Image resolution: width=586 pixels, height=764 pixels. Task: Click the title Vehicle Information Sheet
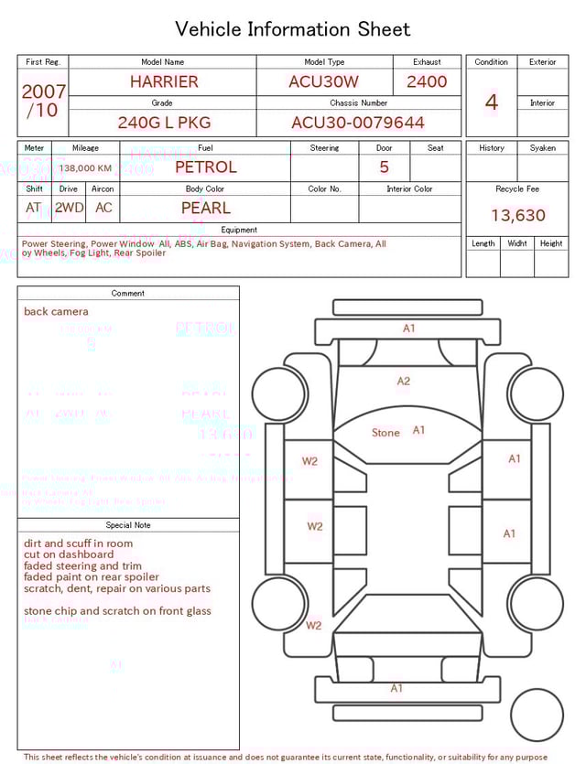[292, 29]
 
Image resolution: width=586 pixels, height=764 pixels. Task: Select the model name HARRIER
[163, 81]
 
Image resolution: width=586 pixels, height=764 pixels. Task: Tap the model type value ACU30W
[324, 81]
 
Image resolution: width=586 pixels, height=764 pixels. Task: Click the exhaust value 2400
[427, 81]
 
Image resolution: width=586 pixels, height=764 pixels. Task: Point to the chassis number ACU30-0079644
[358, 123]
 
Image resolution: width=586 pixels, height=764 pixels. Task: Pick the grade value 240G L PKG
[163, 123]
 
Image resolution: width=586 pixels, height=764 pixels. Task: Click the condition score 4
[491, 102]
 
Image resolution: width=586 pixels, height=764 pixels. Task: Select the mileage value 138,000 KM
[86, 168]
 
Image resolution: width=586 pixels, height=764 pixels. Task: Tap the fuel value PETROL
[205, 167]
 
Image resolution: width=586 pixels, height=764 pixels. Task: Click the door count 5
[384, 167]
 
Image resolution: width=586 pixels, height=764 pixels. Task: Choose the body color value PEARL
[205, 208]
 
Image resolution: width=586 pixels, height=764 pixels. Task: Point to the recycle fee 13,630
[517, 216]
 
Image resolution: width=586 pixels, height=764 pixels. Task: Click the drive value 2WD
[69, 208]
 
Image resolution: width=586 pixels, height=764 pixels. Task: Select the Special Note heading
[128, 525]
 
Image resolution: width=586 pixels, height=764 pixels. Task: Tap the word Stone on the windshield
[385, 433]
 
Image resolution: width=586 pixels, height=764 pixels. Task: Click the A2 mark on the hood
[403, 382]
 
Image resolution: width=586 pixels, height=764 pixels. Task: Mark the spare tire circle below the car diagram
[537, 715]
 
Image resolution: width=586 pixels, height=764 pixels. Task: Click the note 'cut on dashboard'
[69, 554]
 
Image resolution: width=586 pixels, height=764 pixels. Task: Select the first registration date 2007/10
[43, 101]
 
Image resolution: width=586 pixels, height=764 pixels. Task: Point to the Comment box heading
[128, 294]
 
